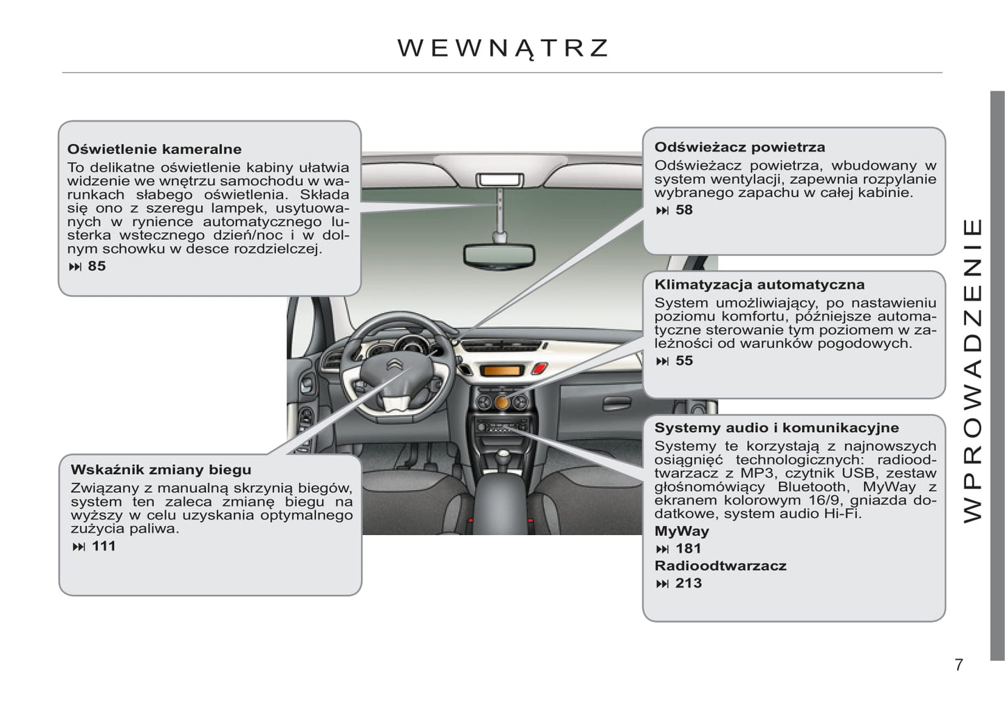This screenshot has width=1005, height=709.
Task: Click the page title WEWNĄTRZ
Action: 503,48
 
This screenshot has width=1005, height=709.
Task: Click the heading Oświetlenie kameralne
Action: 154,149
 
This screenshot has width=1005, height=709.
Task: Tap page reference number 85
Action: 97,266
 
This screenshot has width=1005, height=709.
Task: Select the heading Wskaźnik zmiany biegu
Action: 161,470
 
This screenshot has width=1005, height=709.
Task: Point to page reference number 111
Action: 104,546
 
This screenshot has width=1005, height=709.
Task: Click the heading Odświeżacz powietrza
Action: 739,147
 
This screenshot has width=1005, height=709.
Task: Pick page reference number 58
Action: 684,209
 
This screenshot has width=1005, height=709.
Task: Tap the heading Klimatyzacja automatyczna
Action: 759,285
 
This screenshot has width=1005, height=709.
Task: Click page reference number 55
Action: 684,360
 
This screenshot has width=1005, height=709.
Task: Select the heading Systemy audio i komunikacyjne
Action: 776,428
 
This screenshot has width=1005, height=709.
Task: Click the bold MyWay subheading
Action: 682,531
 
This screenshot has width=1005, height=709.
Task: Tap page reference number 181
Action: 689,548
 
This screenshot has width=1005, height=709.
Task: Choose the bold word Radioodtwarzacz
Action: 720,566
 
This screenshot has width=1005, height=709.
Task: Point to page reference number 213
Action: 689,583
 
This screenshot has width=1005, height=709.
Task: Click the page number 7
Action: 959,664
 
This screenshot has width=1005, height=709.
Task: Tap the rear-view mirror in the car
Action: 499,255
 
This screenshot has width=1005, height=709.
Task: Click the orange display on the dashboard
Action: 501,371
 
